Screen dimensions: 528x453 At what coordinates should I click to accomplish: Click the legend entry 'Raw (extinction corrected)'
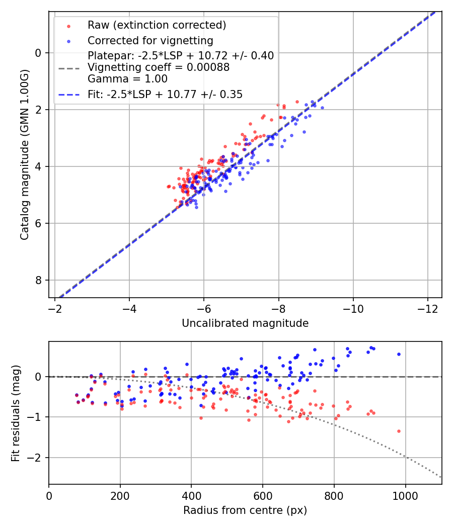pyautogui.click(x=157, y=25)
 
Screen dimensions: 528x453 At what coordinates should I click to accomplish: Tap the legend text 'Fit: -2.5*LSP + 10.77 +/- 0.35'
pyautogui.click(x=165, y=94)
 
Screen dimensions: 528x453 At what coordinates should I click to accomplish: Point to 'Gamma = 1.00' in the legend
pyautogui.click(x=127, y=79)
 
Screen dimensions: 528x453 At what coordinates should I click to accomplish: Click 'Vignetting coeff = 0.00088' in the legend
pyautogui.click(x=159, y=67)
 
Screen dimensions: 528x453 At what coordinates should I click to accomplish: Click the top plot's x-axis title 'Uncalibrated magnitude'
pyautogui.click(x=245, y=323)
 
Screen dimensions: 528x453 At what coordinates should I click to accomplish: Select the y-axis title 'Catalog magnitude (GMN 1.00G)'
pyautogui.click(x=25, y=154)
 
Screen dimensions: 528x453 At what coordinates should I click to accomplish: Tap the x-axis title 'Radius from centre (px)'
pyautogui.click(x=245, y=510)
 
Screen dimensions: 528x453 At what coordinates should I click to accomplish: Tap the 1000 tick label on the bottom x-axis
pyautogui.click(x=405, y=495)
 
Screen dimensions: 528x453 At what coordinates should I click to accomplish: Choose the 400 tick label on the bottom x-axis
pyautogui.click(x=191, y=495)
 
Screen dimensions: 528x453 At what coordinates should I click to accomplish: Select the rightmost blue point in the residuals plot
pyautogui.click(x=399, y=354)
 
